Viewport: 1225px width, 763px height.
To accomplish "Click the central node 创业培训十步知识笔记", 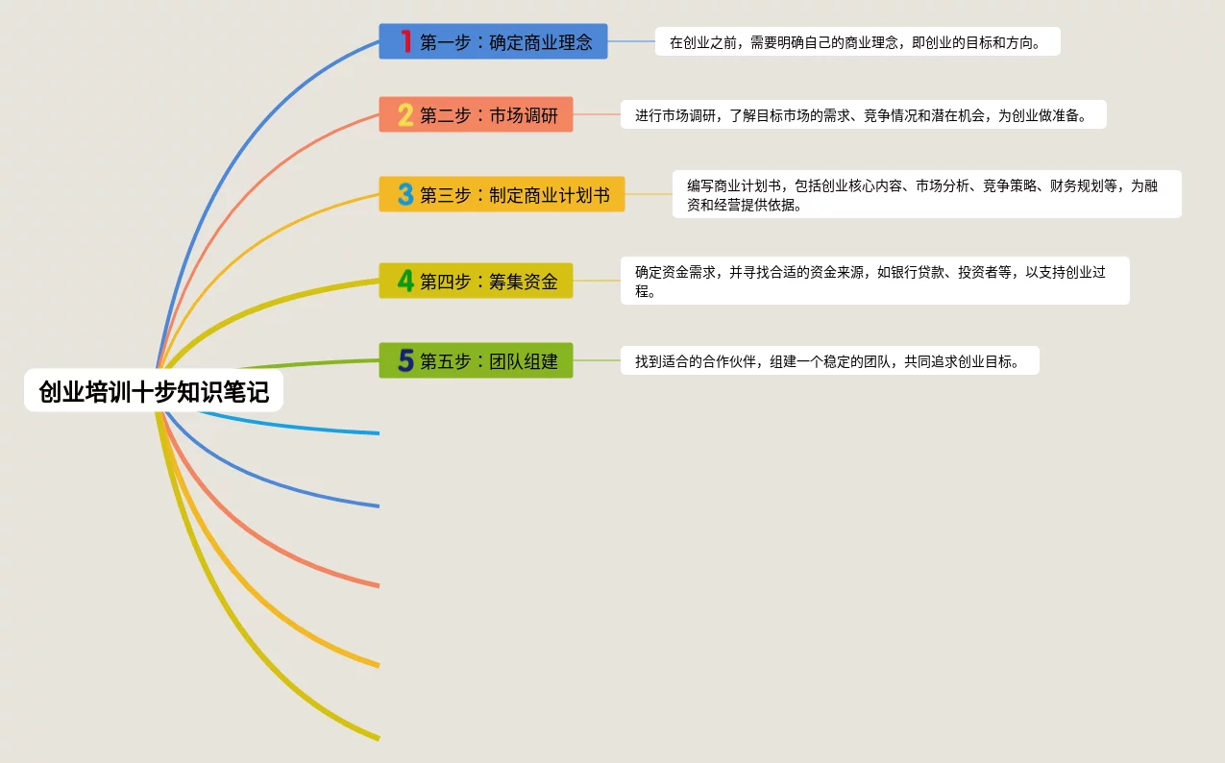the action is pyautogui.click(x=154, y=391).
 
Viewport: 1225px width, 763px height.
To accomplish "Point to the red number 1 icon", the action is pyautogui.click(x=406, y=41).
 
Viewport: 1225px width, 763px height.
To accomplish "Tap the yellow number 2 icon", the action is pyautogui.click(x=406, y=115).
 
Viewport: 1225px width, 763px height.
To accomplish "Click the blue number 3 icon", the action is pyautogui.click(x=406, y=195).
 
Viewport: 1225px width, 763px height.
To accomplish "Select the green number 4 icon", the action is pyautogui.click(x=406, y=281).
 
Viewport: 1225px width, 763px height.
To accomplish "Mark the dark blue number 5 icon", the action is pyautogui.click(x=406, y=361).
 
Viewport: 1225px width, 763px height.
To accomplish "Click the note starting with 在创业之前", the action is pyautogui.click(x=857, y=42).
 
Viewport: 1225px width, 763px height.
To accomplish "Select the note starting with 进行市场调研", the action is pyautogui.click(x=863, y=115).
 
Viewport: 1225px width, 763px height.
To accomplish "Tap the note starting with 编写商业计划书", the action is pyautogui.click(x=926, y=195).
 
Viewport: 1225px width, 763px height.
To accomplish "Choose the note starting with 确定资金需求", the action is pyautogui.click(x=874, y=281).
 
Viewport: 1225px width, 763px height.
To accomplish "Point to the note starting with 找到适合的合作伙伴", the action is pyautogui.click(x=829, y=361).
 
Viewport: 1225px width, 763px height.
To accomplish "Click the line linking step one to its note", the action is pyautogui.click(x=631, y=41).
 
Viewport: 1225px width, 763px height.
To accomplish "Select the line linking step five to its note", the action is pyautogui.click(x=597, y=360).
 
